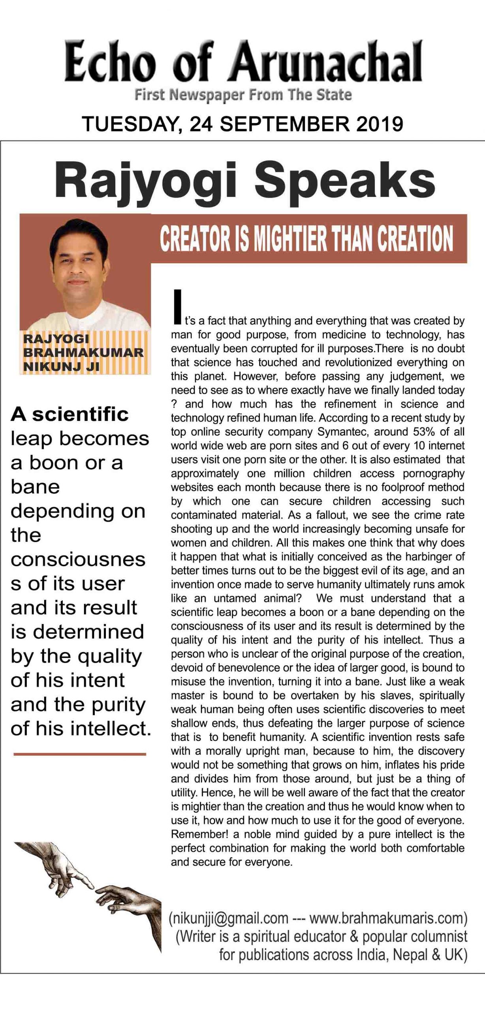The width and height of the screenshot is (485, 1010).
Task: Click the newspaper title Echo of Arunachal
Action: tap(243, 62)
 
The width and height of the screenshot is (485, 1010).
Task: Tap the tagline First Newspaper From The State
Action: tap(243, 95)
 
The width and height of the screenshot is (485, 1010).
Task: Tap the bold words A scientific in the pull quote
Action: tap(70, 414)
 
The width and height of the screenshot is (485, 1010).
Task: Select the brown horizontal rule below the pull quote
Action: tap(80, 754)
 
